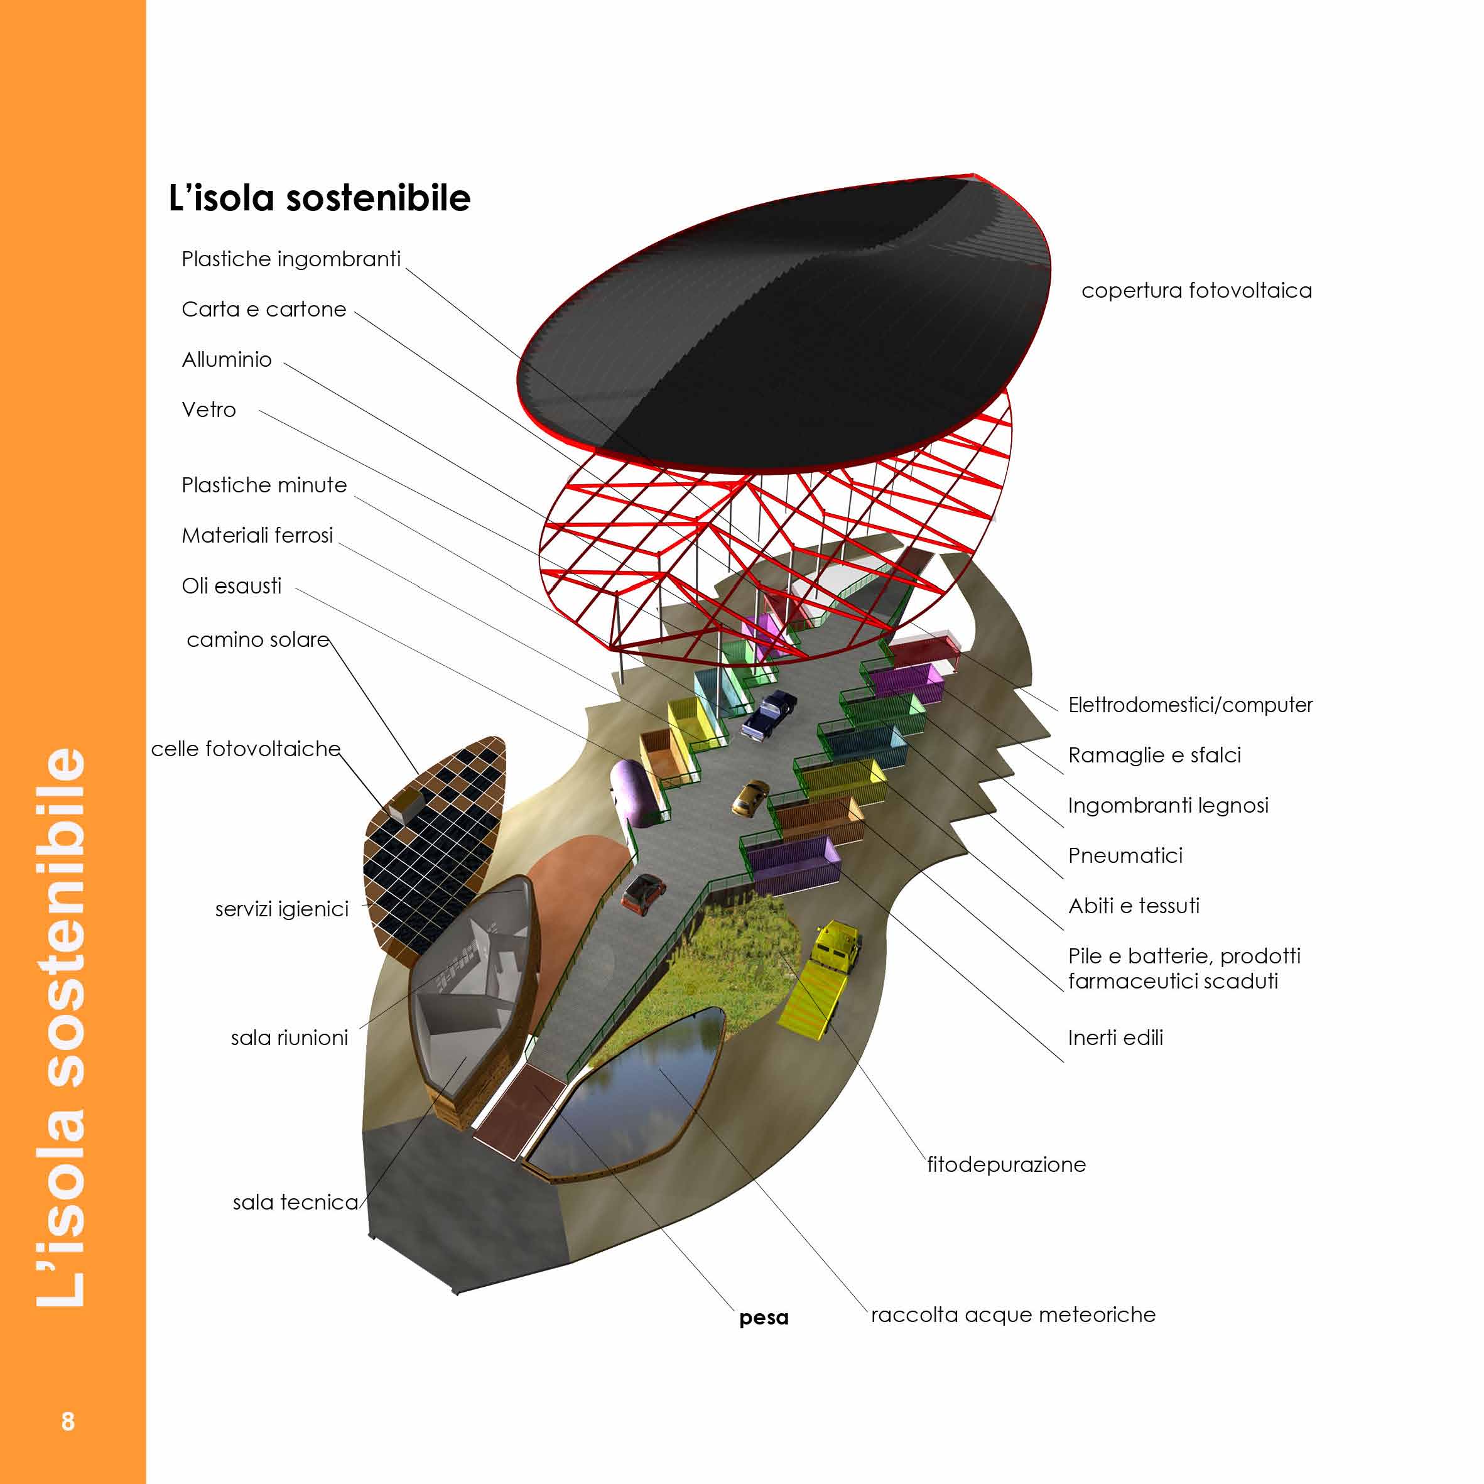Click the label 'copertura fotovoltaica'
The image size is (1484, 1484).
[1196, 290]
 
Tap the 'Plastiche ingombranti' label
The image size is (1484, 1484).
[290, 259]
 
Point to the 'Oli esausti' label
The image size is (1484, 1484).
[231, 585]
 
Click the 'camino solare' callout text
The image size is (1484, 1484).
[257, 639]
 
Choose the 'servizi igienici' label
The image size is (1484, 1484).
[281, 909]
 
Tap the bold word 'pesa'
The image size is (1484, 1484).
[764, 1318]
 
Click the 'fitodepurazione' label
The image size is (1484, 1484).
[1006, 1164]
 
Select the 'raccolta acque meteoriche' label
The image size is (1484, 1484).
[1012, 1314]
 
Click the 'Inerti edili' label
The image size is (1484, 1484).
[1115, 1037]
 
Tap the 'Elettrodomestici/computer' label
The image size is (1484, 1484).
[1190, 705]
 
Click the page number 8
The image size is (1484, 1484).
[68, 1421]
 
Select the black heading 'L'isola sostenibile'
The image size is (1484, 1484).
[319, 197]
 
